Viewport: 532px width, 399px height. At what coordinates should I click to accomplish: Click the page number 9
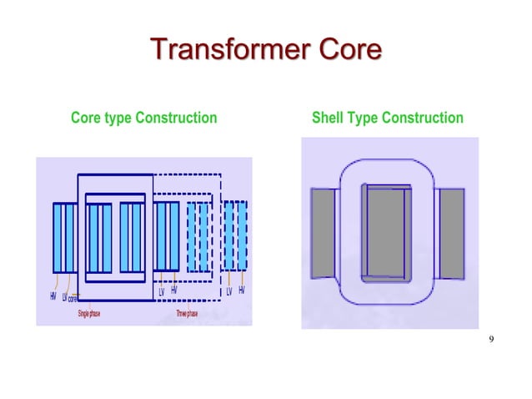click(x=492, y=338)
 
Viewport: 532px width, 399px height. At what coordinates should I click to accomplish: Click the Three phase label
click(x=186, y=314)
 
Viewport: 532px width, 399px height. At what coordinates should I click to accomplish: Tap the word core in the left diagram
click(x=73, y=299)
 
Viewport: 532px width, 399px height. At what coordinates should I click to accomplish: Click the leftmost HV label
click(x=53, y=296)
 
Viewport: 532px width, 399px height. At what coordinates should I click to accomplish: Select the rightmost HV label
click(x=242, y=290)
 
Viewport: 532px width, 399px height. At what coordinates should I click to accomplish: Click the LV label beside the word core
click(x=64, y=297)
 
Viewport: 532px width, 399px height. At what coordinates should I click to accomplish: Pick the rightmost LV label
click(x=229, y=291)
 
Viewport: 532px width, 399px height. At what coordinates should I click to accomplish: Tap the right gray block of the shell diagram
click(x=451, y=233)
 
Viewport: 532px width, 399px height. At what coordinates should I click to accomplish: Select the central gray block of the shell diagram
click(x=385, y=233)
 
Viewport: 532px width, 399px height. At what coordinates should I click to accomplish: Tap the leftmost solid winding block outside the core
click(x=63, y=237)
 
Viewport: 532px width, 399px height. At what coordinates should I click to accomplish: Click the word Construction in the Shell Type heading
click(x=422, y=118)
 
